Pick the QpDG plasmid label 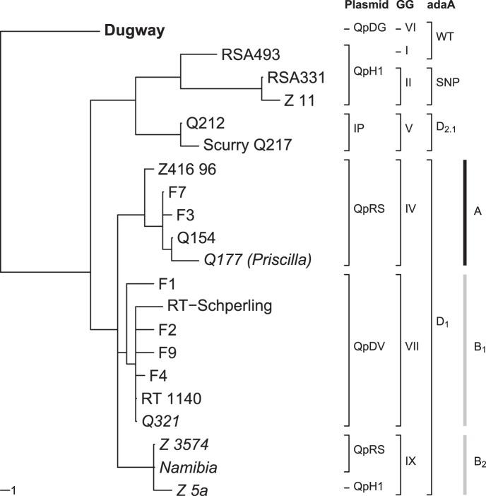coord(367,30)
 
